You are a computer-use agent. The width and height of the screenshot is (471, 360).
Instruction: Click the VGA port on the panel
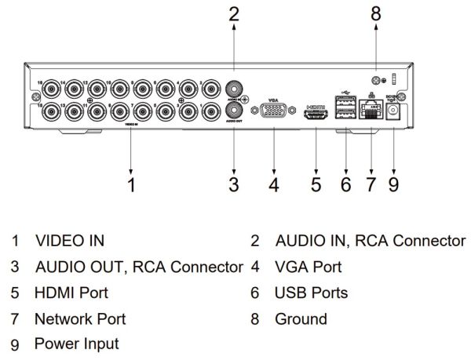(273, 113)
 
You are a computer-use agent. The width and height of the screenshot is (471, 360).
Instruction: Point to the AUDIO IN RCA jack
(233, 89)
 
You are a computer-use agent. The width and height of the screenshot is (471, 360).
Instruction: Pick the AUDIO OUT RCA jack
(233, 111)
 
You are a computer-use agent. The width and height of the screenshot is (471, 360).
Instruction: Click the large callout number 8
(375, 14)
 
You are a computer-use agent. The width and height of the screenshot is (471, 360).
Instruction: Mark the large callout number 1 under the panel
(132, 185)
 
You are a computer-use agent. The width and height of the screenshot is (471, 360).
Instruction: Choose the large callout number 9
(393, 185)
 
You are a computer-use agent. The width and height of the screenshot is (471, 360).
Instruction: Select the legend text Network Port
(79, 319)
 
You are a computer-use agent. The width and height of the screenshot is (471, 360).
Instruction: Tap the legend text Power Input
(76, 344)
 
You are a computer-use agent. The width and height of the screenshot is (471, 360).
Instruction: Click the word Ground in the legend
(301, 319)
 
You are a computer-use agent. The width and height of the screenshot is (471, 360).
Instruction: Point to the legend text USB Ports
(311, 293)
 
